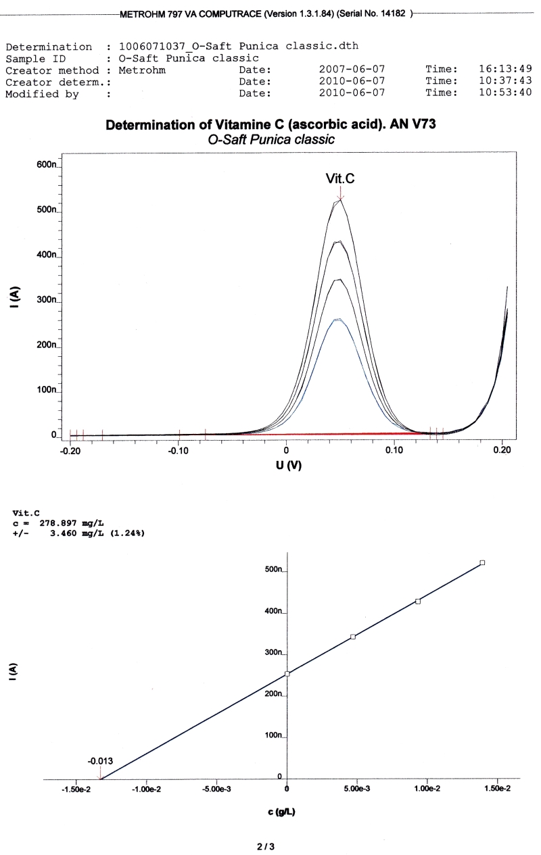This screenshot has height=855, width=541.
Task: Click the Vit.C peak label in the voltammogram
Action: pos(340,178)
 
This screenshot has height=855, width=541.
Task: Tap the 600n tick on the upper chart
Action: pos(49,165)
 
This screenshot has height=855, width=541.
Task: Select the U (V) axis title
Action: pos(287,466)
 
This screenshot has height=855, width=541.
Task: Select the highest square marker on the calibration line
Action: pos(482,562)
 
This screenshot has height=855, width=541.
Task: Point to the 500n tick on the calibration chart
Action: pos(273,570)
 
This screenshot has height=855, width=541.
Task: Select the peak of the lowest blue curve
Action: pos(337,319)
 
